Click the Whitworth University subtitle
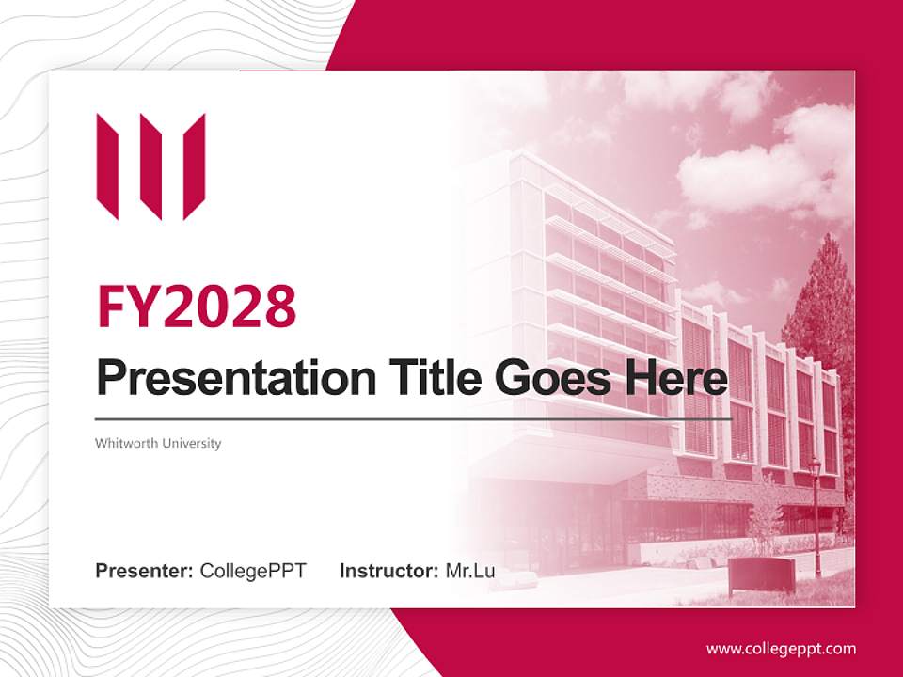coord(158,443)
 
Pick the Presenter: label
coord(144,571)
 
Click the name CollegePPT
coord(253,571)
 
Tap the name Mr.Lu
coord(470,571)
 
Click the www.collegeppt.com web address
coord(781,649)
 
